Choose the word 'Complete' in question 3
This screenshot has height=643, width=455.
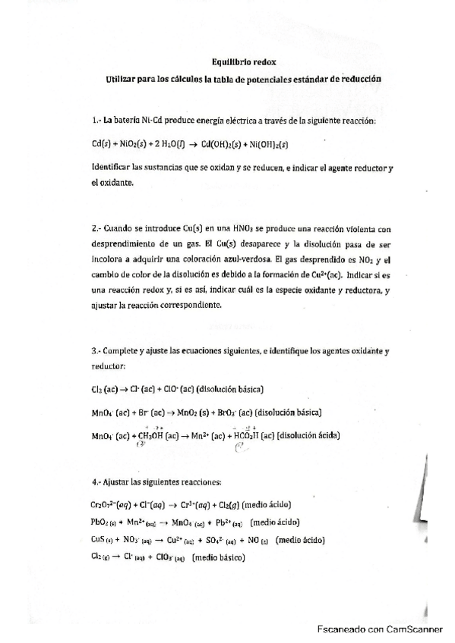click(x=123, y=353)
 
